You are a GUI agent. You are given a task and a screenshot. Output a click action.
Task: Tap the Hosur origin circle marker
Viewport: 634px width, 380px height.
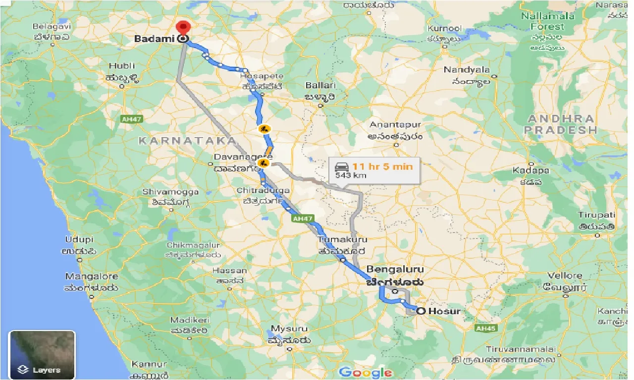(x=421, y=311)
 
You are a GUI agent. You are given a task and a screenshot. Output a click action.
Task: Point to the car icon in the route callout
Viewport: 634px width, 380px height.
(x=341, y=166)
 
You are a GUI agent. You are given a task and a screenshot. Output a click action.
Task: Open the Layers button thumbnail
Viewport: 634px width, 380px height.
(x=42, y=355)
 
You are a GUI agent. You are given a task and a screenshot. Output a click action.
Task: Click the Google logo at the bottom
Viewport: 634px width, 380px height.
(x=366, y=373)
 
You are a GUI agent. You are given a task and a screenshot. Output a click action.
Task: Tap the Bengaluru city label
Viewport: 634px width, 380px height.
(x=395, y=270)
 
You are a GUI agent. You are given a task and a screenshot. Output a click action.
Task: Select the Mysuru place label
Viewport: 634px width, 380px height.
(x=289, y=329)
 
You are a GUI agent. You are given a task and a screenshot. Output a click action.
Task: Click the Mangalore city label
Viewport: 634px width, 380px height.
(x=92, y=277)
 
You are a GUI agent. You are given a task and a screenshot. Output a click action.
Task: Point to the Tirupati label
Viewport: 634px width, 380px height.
(x=596, y=215)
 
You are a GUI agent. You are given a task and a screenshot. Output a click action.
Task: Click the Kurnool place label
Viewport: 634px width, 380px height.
(x=445, y=29)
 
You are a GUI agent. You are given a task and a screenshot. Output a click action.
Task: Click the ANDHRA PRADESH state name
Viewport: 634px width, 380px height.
(x=561, y=124)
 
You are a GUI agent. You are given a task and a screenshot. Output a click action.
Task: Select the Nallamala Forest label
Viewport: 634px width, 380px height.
(x=547, y=21)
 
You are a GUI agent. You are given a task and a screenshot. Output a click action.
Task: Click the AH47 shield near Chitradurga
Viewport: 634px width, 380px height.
(x=303, y=218)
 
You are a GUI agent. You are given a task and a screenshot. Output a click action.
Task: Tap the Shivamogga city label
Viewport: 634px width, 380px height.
(x=170, y=191)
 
